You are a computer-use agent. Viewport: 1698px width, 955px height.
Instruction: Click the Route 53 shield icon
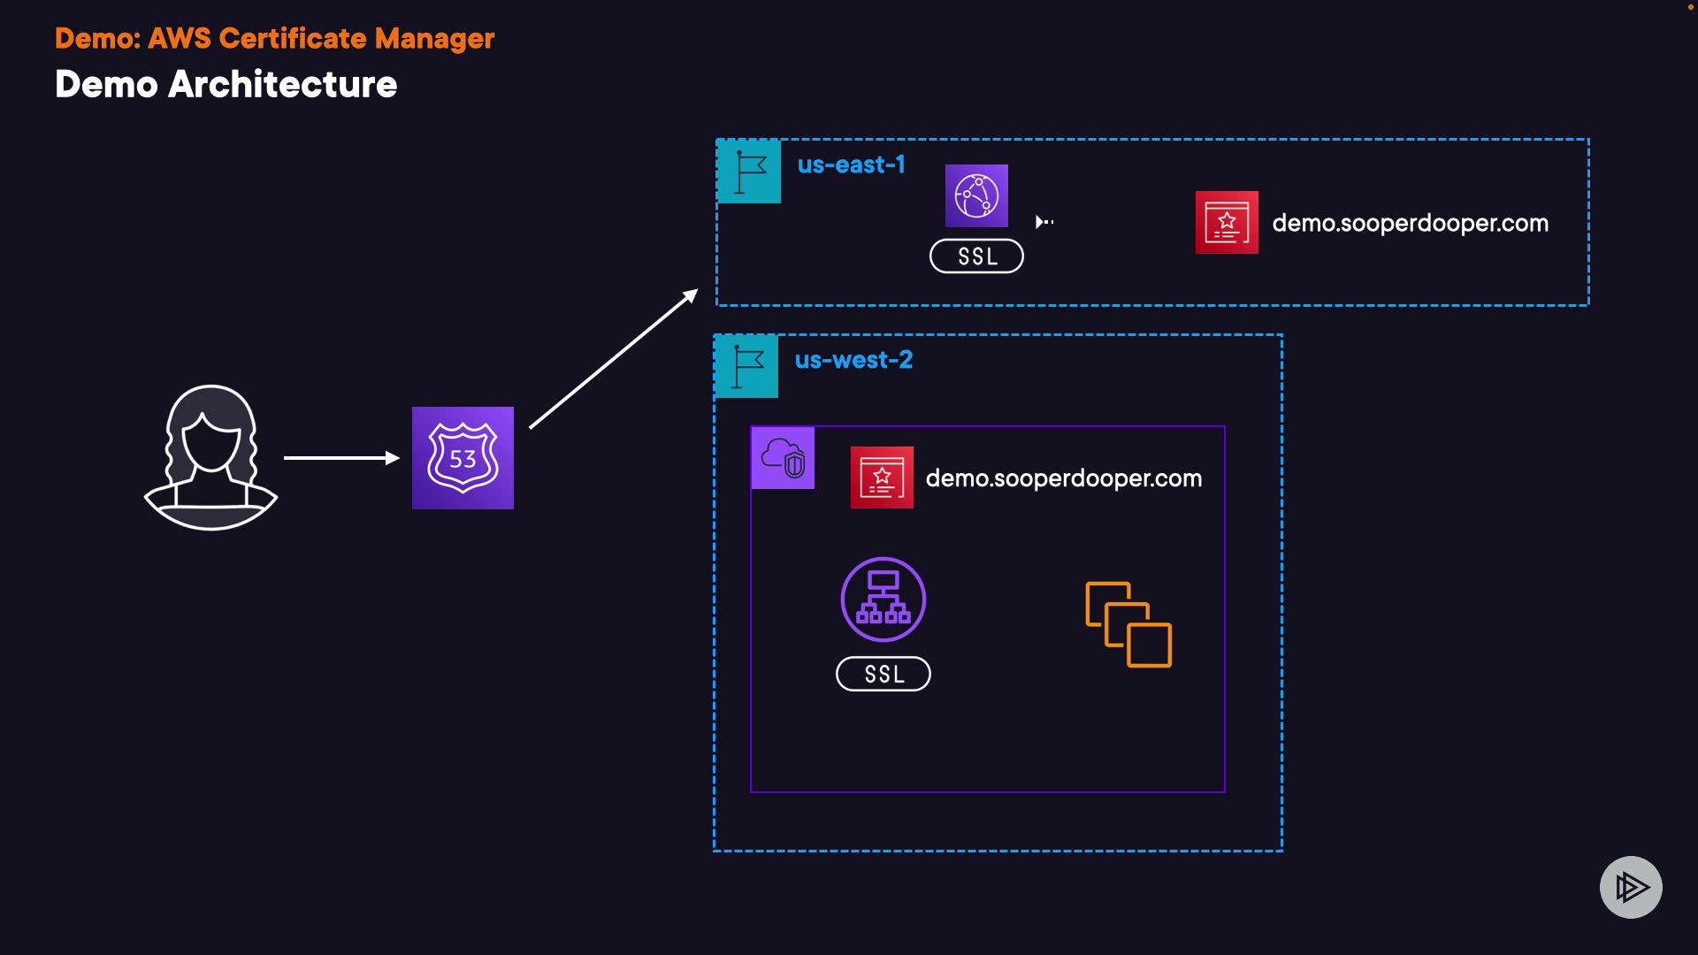(463, 458)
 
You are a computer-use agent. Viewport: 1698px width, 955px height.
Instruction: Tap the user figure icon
(210, 457)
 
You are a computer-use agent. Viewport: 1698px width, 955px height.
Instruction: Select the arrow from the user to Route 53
(341, 457)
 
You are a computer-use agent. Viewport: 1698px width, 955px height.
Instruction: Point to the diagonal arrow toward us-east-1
(614, 358)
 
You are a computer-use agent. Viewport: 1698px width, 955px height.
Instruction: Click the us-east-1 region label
(852, 164)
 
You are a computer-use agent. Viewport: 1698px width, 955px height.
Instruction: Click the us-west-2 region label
(853, 360)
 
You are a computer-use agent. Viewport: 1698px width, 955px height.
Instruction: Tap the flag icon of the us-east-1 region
(749, 172)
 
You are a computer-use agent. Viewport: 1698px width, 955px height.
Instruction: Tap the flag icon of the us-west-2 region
(746, 366)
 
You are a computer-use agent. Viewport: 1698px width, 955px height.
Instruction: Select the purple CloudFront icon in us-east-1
(976, 195)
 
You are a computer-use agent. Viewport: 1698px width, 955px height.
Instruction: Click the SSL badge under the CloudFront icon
(976, 256)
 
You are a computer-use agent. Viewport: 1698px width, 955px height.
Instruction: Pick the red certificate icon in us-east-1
(1227, 223)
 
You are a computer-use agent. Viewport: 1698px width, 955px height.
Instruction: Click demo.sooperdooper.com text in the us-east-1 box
(1410, 223)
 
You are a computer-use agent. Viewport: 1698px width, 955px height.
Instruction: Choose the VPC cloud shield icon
(783, 458)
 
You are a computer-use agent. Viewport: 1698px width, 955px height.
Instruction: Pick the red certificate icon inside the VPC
(882, 477)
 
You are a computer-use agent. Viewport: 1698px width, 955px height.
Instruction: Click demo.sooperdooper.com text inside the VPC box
(1064, 478)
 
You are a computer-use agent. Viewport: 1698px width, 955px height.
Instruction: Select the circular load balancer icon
(883, 600)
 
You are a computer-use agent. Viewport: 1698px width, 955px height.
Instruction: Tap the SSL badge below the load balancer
(883, 674)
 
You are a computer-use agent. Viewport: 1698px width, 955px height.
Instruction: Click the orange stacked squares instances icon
(1128, 624)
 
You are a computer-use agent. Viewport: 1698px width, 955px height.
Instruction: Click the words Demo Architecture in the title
(226, 84)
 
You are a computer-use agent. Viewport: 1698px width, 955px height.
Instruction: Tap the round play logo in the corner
(1631, 887)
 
